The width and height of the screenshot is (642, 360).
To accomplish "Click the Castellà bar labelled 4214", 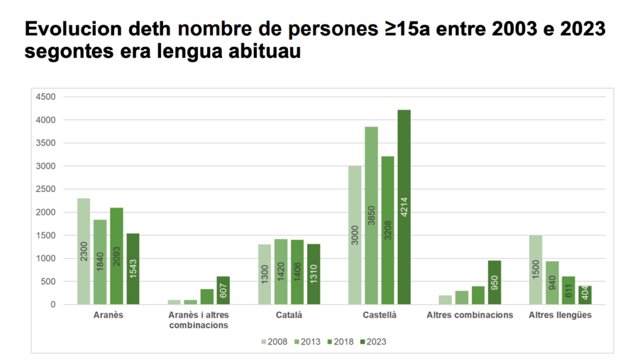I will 404,207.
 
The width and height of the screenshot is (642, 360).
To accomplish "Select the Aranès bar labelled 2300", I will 83,251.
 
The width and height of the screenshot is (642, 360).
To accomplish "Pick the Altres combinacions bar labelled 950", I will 495,282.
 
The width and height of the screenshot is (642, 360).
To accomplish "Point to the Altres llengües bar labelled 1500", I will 535,270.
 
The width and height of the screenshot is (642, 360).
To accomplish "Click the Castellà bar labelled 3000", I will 355,235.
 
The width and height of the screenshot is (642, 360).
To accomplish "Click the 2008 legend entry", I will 273,342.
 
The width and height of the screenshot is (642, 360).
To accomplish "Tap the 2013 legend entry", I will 306,342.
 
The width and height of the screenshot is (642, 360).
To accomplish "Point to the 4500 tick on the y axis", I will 46,97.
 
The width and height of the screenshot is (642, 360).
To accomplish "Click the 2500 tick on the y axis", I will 46,189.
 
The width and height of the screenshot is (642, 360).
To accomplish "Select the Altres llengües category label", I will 560,315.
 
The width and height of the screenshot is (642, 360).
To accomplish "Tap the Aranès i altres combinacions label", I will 199,320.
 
